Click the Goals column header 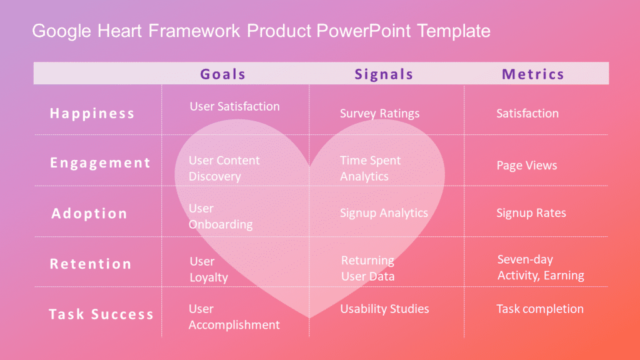click(222, 74)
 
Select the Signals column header click(384, 74)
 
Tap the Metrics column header click(532, 74)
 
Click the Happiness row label click(92, 113)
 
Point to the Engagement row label click(100, 163)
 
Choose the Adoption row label click(89, 213)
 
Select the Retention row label click(91, 264)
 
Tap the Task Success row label click(101, 314)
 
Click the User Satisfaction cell click(234, 106)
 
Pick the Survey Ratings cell click(379, 113)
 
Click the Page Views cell click(526, 166)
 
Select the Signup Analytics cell click(384, 213)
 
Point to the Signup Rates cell click(531, 213)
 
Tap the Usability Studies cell click(384, 309)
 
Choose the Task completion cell click(539, 309)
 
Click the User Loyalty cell click(208, 269)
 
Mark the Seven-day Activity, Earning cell click(540, 267)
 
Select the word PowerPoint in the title click(364, 31)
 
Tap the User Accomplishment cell click(234, 317)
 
